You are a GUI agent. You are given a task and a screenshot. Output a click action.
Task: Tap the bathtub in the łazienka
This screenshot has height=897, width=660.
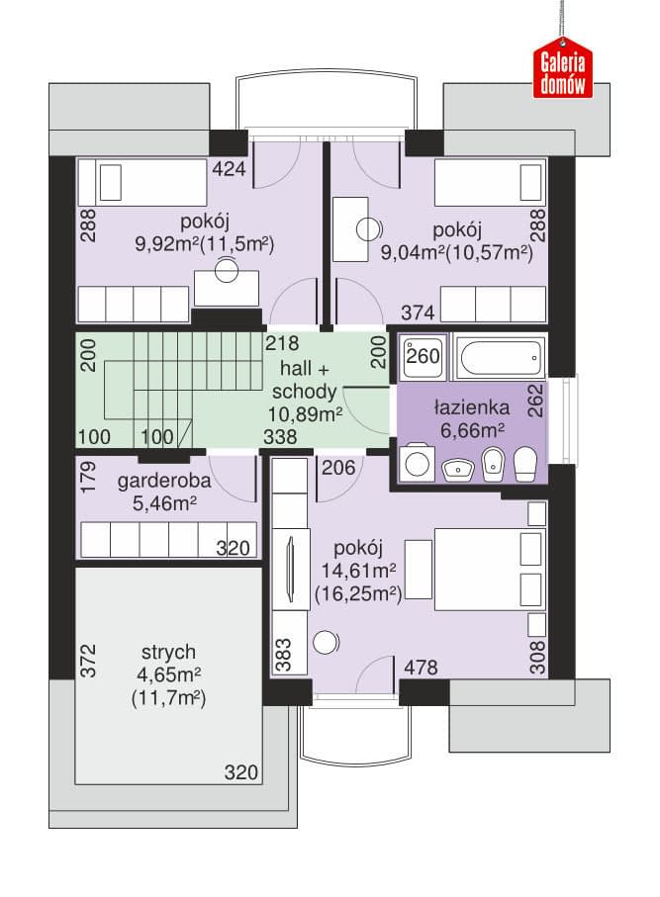(x=499, y=358)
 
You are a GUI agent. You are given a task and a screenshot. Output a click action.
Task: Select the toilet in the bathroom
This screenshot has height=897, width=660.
(x=524, y=464)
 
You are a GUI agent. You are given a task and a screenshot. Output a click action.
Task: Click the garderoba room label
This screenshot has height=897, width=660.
(x=164, y=481)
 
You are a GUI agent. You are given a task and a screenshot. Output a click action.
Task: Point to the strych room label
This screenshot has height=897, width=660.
(x=168, y=652)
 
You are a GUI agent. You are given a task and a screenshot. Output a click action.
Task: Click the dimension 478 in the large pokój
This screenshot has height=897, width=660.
(x=421, y=667)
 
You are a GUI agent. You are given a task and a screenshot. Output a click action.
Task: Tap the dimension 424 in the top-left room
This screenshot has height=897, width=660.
(x=229, y=168)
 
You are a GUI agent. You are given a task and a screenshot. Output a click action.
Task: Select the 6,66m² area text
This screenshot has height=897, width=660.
(x=472, y=429)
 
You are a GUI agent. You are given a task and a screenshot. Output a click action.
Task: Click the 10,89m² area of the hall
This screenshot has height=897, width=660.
(x=305, y=413)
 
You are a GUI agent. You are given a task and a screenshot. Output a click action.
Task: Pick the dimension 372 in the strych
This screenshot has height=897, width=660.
(x=88, y=662)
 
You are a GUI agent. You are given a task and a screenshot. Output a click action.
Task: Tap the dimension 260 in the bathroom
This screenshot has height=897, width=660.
(x=424, y=356)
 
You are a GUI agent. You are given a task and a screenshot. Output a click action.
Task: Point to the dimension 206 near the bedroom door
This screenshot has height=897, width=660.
(x=338, y=468)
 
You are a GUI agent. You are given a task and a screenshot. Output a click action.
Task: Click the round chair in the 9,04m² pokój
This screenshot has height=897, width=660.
(x=368, y=229)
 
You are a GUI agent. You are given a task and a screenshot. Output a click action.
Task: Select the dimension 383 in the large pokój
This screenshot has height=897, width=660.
(x=283, y=655)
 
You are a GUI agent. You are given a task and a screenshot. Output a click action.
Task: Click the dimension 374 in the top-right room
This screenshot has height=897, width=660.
(x=418, y=313)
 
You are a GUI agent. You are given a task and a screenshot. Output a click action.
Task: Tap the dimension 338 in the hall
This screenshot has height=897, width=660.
(x=280, y=437)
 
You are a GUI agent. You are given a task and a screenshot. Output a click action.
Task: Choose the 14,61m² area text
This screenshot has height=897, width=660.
(x=359, y=570)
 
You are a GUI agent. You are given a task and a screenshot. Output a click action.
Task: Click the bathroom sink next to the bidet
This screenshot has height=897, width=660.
(x=458, y=469)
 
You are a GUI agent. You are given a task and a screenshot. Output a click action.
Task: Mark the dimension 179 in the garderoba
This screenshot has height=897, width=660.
(x=88, y=479)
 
